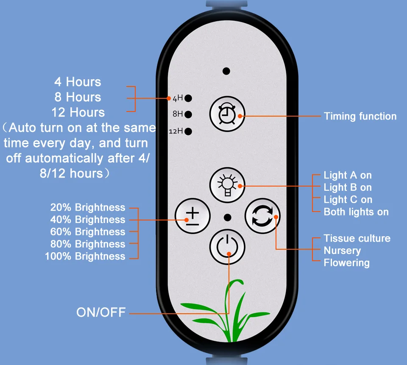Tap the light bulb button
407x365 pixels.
coord(228,185)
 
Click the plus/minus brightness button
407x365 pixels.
coord(193,216)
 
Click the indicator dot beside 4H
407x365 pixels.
coord(188,98)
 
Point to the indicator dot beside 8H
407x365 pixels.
coord(188,114)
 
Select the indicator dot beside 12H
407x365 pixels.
coord(188,131)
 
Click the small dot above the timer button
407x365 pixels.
coord(227,71)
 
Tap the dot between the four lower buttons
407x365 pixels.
coord(228,217)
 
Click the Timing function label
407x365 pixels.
coord(360,116)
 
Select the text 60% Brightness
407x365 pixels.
coord(88,232)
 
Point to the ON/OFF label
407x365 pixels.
coord(101,313)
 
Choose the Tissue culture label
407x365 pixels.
coord(357,238)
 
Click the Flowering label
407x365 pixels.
coord(346,263)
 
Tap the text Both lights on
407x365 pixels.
coord(356,212)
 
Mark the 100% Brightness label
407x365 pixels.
coord(85,256)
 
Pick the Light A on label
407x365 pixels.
coord(348,175)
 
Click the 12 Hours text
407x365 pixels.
coord(78,112)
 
